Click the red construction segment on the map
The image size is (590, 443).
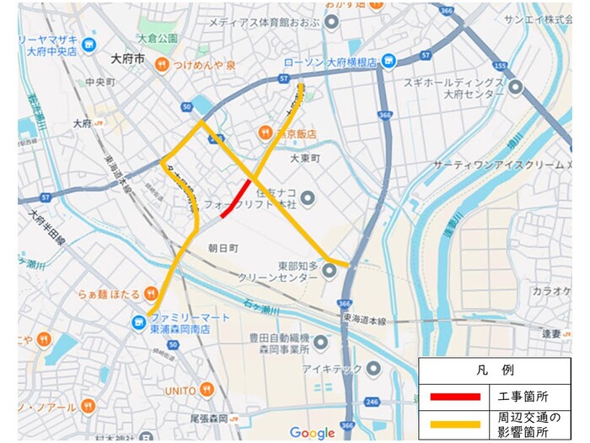click(235, 199)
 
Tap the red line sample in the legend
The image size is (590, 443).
click(452, 396)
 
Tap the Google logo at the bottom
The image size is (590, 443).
click(312, 432)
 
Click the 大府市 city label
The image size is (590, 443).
click(127, 59)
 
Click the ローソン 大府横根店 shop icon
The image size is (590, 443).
click(389, 61)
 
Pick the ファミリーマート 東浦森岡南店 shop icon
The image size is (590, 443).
click(137, 321)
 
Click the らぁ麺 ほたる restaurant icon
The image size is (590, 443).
click(151, 293)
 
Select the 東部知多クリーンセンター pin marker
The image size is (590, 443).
click(330, 270)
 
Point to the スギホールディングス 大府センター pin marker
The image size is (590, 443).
click(515, 86)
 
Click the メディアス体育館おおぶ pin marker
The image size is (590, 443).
click(332, 23)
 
